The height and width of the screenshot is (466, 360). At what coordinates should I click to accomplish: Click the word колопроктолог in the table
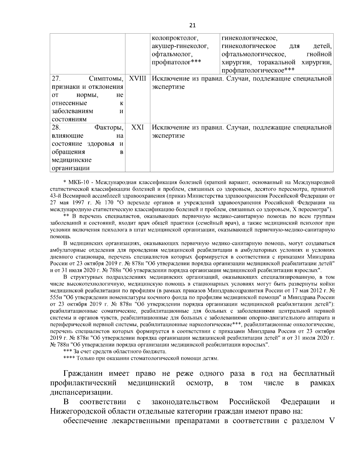coord(175,38)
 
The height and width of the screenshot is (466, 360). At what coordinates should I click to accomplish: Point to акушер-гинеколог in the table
coord(180,47)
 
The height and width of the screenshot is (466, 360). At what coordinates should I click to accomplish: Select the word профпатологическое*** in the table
coord(257,71)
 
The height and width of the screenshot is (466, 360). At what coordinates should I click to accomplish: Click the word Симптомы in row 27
coord(106,79)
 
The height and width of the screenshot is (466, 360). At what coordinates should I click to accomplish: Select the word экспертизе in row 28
coord(168,136)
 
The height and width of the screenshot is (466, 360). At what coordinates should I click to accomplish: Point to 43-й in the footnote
coord(55,196)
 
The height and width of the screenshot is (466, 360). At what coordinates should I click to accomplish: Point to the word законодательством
coord(185,402)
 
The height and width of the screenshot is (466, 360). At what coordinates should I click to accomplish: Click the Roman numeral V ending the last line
coord(331,420)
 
